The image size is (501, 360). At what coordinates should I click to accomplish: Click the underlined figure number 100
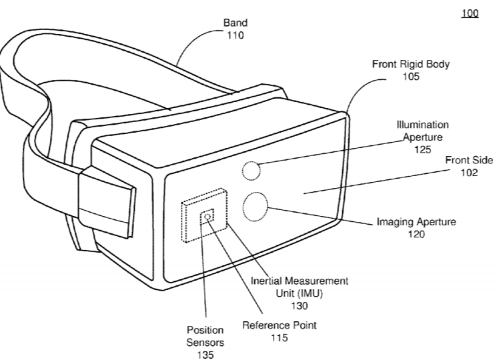[470, 13]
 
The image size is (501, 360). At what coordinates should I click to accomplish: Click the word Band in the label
[235, 23]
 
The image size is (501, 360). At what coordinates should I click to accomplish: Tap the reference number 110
[235, 35]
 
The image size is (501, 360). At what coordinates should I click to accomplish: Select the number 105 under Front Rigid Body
[410, 77]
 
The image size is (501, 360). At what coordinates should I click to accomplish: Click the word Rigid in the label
[411, 65]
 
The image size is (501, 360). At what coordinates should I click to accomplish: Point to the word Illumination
[422, 125]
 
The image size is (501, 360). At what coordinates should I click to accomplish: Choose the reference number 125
[422, 149]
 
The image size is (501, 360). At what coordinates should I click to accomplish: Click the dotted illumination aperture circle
[251, 171]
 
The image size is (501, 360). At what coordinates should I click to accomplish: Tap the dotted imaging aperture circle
[255, 207]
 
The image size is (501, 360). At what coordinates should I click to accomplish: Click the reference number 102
[469, 173]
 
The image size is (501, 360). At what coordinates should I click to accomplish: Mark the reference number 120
[416, 235]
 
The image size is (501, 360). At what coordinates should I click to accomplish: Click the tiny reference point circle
[207, 217]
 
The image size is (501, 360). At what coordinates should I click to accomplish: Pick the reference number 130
[299, 306]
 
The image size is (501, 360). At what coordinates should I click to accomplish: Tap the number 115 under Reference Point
[280, 337]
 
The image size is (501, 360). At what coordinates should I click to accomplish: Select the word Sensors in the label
[205, 343]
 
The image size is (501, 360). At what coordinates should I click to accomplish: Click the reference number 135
[205, 355]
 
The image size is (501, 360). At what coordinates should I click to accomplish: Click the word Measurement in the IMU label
[316, 281]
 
